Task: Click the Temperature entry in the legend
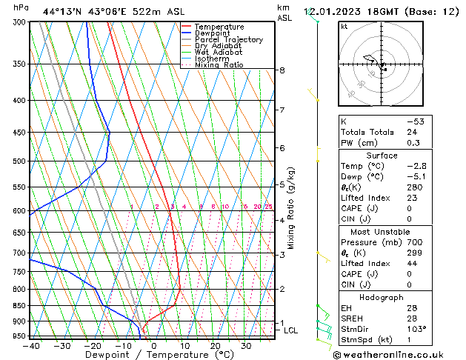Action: click(x=218, y=27)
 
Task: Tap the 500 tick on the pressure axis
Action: click(x=20, y=161)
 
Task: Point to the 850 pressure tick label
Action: click(x=20, y=305)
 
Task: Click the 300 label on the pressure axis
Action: click(x=20, y=22)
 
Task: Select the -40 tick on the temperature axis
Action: click(x=30, y=345)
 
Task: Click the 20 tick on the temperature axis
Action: click(x=215, y=345)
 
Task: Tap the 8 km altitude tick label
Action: click(x=282, y=70)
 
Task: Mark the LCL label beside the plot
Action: click(x=291, y=330)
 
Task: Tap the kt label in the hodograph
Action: click(x=344, y=26)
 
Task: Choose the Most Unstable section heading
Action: click(x=381, y=232)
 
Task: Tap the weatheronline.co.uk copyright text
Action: click(x=398, y=354)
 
